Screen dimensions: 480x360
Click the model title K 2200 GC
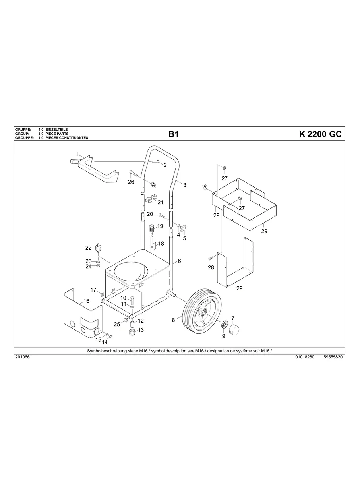320,134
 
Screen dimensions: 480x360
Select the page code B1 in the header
174,134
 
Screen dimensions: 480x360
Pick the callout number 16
86,301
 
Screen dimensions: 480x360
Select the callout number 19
160,226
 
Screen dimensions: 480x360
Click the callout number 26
131,182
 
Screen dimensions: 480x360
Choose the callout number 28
211,267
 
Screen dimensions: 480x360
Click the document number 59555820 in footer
333,357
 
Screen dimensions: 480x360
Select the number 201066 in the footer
22,357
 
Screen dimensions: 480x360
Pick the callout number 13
141,330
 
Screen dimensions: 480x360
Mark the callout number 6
179,261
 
